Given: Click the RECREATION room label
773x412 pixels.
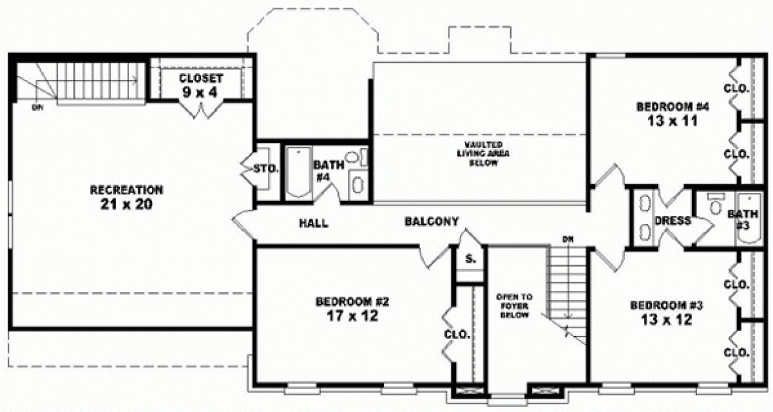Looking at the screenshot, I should click(x=126, y=190).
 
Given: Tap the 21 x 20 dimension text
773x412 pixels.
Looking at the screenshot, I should click(x=126, y=204).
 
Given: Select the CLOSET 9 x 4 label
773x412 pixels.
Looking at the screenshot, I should click(x=202, y=85).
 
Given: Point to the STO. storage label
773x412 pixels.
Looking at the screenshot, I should click(x=266, y=169).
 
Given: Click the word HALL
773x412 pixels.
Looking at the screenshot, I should click(x=314, y=223).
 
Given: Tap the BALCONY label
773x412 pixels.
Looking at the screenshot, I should click(x=431, y=221).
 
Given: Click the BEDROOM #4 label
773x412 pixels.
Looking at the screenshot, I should click(x=665, y=106).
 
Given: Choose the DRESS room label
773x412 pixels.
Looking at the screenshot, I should click(x=673, y=221).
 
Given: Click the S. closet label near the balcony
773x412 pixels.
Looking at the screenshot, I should click(x=470, y=259).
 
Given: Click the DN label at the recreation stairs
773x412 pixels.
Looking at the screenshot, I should click(x=37, y=107).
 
